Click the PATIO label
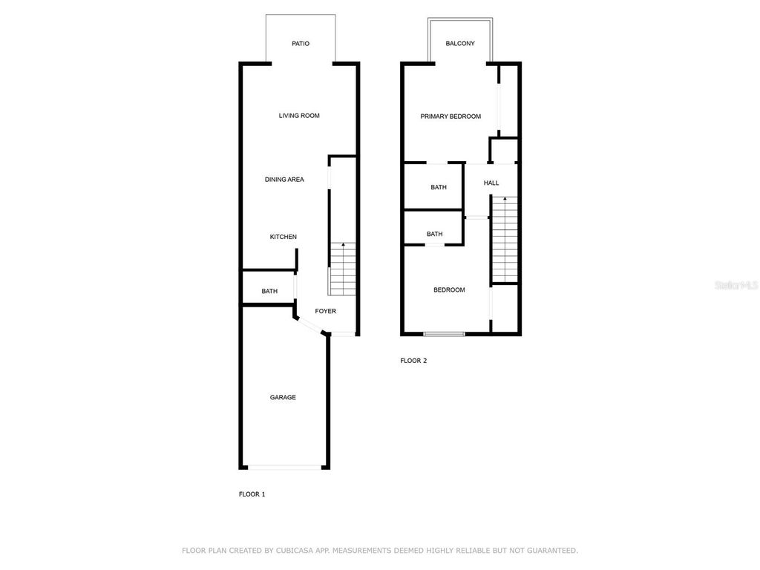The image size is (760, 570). [301, 44]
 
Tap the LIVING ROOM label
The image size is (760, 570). [299, 116]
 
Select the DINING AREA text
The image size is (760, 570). [284, 180]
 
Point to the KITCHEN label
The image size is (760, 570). [283, 237]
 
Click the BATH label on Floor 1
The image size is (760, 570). [269, 292]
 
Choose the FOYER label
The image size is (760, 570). [325, 311]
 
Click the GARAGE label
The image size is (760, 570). [283, 398]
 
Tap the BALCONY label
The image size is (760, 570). [460, 44]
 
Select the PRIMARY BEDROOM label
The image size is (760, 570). [451, 117]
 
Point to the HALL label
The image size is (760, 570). [491, 183]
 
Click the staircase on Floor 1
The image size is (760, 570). [342, 270]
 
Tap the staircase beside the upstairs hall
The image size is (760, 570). [504, 239]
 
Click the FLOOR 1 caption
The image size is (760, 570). [252, 494]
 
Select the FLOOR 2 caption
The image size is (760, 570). [413, 361]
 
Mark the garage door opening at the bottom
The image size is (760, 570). [285, 467]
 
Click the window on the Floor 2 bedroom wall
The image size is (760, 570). [444, 334]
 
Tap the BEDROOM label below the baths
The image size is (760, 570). [449, 290]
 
